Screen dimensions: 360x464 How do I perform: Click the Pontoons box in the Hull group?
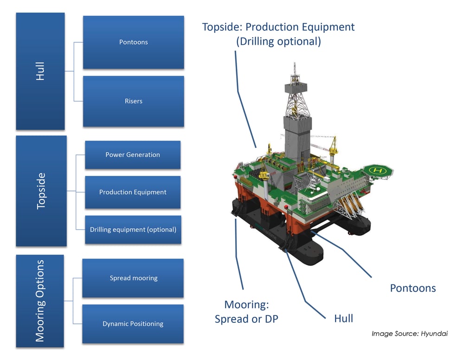tap(133, 42)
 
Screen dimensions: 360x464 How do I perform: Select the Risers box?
tap(133, 101)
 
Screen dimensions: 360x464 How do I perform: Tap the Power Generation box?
tap(132, 155)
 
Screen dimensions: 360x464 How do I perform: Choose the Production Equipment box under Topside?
tap(132, 192)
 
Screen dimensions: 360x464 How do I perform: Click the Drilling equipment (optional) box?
tap(132, 230)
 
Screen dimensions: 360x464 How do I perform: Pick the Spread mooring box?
tap(133, 278)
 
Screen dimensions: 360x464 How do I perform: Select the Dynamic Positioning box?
tap(133, 324)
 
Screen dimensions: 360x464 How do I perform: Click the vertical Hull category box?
tap(40, 71)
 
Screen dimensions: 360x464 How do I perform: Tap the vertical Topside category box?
tap(41, 191)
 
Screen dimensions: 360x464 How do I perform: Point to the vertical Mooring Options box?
tap(40, 301)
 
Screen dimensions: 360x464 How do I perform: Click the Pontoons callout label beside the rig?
tap(412, 288)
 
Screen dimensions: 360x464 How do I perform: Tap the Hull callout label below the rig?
tap(343, 318)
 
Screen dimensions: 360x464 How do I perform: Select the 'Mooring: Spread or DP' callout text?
tap(246, 312)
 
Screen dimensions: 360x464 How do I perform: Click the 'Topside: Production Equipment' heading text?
tap(278, 27)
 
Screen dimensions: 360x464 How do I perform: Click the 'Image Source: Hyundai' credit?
tap(409, 333)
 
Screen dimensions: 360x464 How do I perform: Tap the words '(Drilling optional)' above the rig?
tap(278, 41)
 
